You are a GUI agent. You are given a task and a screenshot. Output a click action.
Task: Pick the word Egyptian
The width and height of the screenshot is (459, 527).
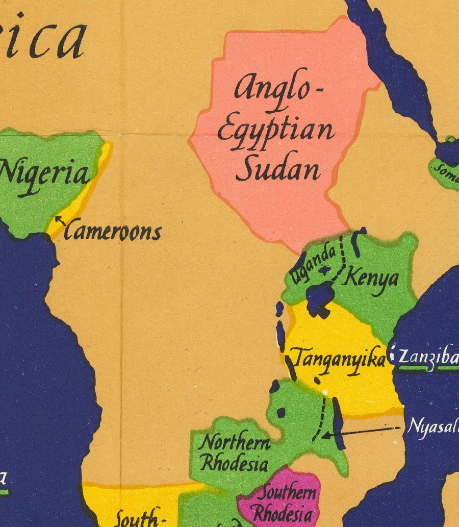click(x=275, y=130)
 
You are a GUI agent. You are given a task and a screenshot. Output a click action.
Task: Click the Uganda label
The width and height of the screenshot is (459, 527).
click(x=313, y=262)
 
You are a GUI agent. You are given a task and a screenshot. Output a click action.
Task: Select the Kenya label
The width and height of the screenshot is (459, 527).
click(x=370, y=279)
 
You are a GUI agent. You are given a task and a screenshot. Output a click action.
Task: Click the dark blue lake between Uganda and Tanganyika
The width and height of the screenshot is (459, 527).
click(x=319, y=298)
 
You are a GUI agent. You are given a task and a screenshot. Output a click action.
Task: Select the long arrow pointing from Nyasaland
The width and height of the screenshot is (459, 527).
click(x=362, y=432)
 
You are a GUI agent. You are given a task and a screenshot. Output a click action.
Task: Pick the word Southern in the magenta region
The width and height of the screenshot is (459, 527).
click(x=286, y=493)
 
